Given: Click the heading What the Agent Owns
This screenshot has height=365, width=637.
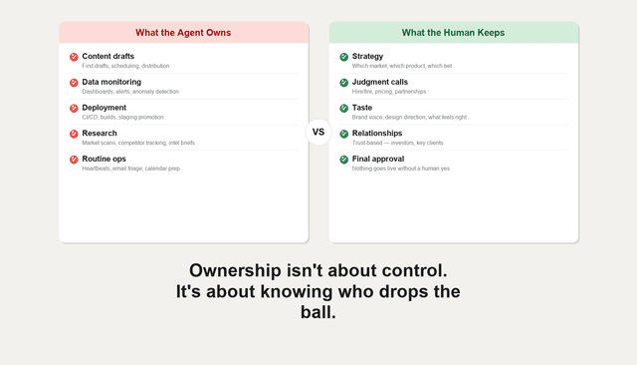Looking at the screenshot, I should click(183, 33).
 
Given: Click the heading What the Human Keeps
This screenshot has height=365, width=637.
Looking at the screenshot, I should click(453, 33).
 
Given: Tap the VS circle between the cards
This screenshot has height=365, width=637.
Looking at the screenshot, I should click(318, 132).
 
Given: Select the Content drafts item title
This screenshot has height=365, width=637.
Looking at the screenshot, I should click(107, 56).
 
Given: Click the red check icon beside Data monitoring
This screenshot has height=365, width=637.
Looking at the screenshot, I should click(74, 83).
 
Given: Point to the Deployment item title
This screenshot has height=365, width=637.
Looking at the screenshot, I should click(104, 108).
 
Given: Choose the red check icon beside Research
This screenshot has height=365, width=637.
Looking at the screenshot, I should click(74, 134).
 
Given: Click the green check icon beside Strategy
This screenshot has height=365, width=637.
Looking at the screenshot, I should click(344, 57).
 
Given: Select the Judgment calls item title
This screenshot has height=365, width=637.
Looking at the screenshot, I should click(379, 82).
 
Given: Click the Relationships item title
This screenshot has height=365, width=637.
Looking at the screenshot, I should click(377, 133).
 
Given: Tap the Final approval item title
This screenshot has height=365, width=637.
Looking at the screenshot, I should click(378, 159).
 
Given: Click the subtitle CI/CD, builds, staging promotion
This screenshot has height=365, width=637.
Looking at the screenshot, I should click(122, 118).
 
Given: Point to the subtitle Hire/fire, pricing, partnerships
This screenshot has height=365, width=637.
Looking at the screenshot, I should click(389, 92).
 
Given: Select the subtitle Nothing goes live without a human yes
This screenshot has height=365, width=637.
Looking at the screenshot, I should click(401, 169).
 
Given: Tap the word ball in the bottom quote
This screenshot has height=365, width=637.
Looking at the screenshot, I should click(318, 312).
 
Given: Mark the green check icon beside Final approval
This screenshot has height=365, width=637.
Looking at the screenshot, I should click(344, 160).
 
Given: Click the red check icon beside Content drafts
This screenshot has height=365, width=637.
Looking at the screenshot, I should click(74, 57).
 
